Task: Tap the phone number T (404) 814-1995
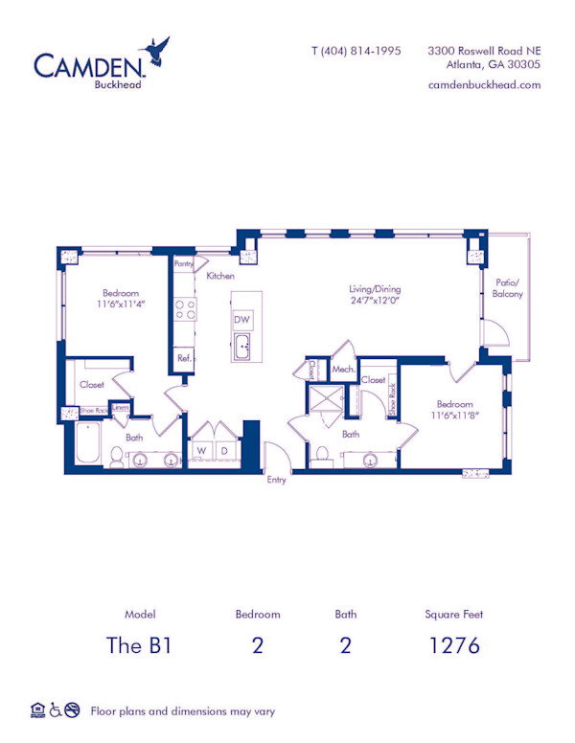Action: click(x=356, y=51)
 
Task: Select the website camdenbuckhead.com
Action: click(x=484, y=84)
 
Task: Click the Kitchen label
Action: click(x=220, y=276)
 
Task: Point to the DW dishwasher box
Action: click(x=242, y=320)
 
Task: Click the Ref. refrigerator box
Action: click(x=183, y=359)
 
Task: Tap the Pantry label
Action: click(x=184, y=263)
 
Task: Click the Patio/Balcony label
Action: click(x=508, y=288)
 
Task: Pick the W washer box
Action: click(x=202, y=450)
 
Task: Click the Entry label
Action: click(x=277, y=480)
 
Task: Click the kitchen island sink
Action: click(x=243, y=347)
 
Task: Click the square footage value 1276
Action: click(x=454, y=644)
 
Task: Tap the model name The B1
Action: click(x=140, y=644)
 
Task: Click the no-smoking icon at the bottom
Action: click(x=72, y=710)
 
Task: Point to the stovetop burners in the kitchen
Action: click(x=184, y=309)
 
